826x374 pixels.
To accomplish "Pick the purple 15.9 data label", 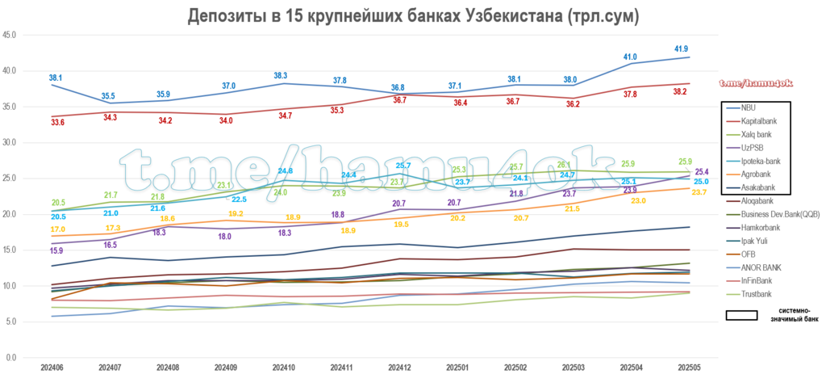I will (56, 251).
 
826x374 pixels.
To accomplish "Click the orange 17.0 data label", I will (56, 229).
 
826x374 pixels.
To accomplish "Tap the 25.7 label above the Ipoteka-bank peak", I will (403, 165).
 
